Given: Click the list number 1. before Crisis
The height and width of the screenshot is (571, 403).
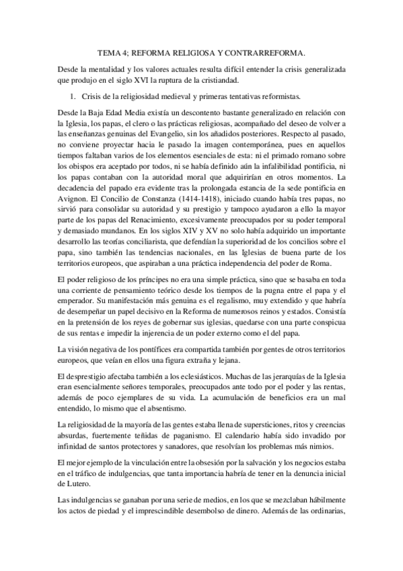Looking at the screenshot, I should click(x=75, y=96).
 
